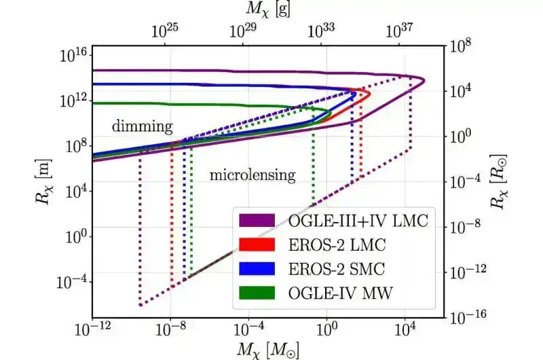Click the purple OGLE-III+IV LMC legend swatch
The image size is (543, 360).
point(257,220)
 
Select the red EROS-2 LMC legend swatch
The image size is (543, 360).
point(257,244)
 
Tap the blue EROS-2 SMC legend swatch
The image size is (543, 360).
point(257,268)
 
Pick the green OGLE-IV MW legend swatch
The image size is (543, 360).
point(257,291)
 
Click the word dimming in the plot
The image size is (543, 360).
point(142,126)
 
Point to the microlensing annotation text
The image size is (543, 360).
point(252,175)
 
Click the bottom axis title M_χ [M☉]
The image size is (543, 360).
point(268,349)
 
